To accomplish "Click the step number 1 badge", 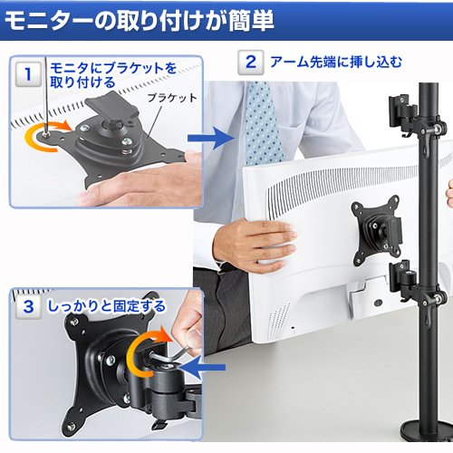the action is [28, 74].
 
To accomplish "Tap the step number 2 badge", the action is [250, 63].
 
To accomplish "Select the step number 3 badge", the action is [28, 306].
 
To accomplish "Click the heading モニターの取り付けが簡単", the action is [140, 22].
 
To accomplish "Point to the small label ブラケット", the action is [172, 98].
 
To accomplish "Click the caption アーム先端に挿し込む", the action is [336, 63].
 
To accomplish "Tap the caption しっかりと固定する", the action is [107, 306].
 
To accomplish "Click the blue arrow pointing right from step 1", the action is [211, 139].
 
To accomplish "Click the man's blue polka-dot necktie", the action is [263, 124].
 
